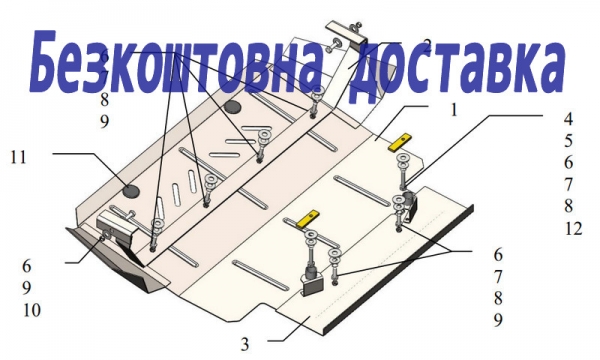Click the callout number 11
click(18, 157)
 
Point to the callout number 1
click(454, 110)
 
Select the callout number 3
click(245, 344)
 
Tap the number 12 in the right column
click(573, 229)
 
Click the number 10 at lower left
click(31, 310)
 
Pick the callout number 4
click(568, 119)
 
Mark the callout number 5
click(568, 141)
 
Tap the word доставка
click(457, 66)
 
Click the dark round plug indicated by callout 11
click(132, 190)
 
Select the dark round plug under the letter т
click(233, 107)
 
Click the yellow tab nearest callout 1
click(399, 142)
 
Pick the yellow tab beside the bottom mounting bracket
click(308, 219)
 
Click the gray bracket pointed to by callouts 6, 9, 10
click(116, 226)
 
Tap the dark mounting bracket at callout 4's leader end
click(410, 204)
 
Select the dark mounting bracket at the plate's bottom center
click(314, 281)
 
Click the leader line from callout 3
click(290, 331)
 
